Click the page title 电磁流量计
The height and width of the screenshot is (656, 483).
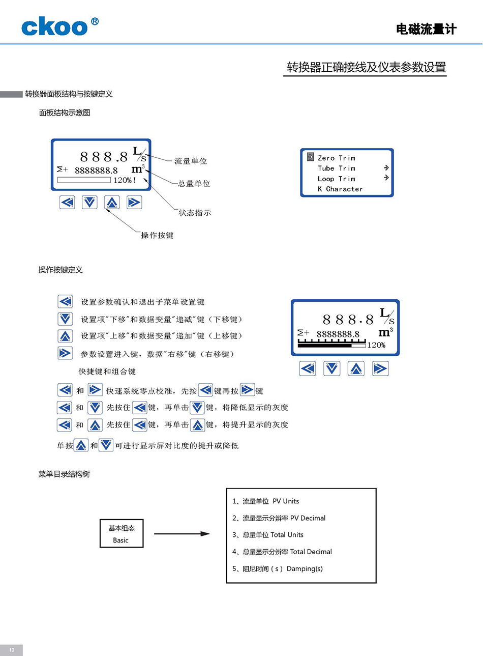click(426, 29)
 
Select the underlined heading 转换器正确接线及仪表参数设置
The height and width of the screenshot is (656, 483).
click(366, 67)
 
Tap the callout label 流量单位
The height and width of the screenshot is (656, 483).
click(191, 161)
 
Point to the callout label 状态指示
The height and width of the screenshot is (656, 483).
click(195, 213)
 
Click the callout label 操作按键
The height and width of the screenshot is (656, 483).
click(157, 235)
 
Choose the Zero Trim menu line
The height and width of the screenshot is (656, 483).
click(336, 158)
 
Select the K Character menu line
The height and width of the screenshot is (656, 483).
click(340, 189)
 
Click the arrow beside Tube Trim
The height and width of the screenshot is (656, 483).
click(386, 168)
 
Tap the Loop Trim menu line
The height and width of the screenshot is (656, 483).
click(336, 179)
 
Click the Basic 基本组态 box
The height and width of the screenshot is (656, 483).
click(121, 534)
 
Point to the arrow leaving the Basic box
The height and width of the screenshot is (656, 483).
click(182, 534)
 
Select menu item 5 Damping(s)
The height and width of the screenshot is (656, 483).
click(278, 568)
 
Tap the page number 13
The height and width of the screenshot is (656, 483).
click(12, 650)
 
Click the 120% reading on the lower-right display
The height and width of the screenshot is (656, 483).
click(376, 346)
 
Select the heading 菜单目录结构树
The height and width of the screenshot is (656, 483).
click(64, 474)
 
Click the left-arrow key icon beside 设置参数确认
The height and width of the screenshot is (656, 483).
click(65, 302)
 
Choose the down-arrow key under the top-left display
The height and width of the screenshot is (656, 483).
click(89, 203)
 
